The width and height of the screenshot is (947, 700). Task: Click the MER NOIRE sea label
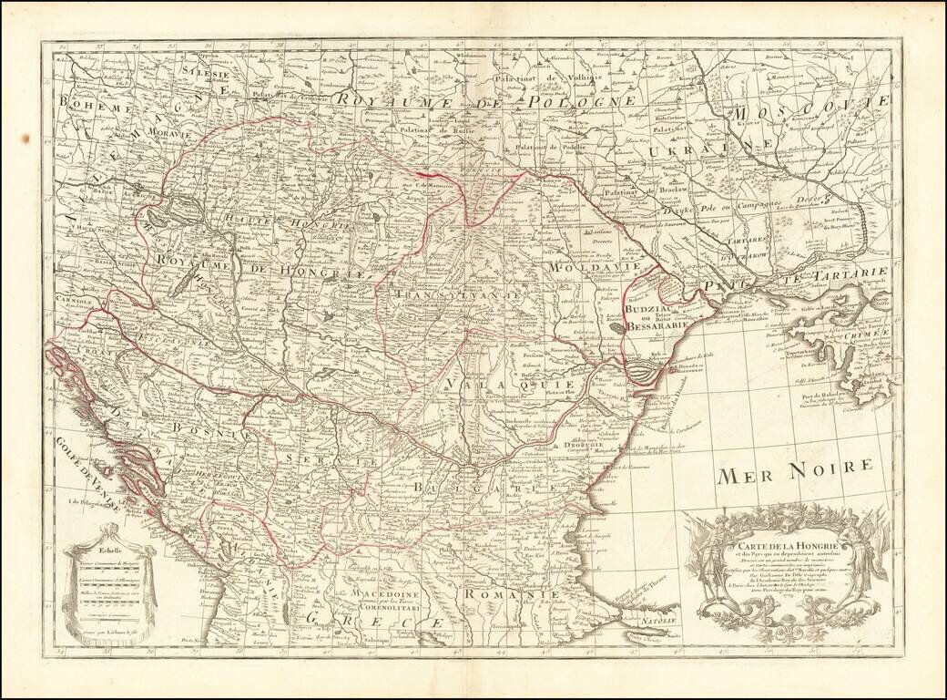(x=794, y=470)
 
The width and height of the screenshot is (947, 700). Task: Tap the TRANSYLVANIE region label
(x=457, y=295)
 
